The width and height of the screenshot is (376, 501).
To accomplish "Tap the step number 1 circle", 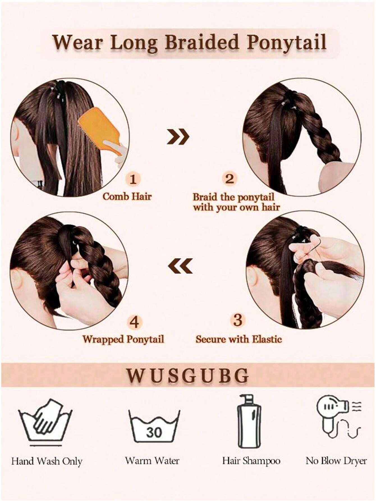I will pyautogui.click(x=134, y=179).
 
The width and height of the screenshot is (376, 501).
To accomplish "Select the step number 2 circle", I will pyautogui.click(x=230, y=179).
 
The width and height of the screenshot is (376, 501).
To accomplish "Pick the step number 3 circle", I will pyautogui.click(x=238, y=320).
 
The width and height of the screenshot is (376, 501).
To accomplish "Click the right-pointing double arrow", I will pyautogui.click(x=178, y=137).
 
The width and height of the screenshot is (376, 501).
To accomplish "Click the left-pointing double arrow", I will pyautogui.click(x=180, y=265).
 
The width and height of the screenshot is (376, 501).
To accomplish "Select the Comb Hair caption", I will pyautogui.click(x=127, y=196).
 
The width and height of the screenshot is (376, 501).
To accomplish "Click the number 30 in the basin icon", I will pyautogui.click(x=154, y=433).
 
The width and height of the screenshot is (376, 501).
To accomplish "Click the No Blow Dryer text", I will pyautogui.click(x=336, y=461).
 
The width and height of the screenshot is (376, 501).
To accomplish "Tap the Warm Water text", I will pyautogui.click(x=152, y=461).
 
